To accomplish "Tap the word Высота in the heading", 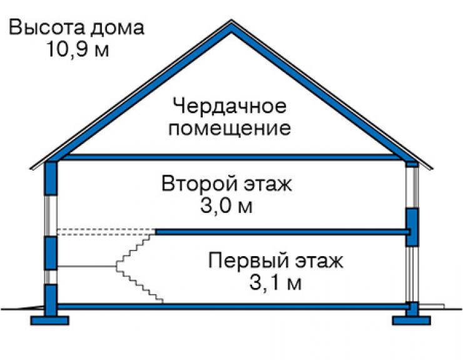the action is click(x=47, y=27).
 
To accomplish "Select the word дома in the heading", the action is click(x=117, y=28).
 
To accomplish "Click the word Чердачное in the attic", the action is click(x=230, y=106).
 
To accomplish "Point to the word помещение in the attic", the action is click(x=230, y=128).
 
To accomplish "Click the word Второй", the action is click(x=200, y=183).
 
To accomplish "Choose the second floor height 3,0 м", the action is click(x=226, y=206).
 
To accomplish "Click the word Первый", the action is click(x=248, y=260).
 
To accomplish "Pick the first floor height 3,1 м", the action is click(x=275, y=282).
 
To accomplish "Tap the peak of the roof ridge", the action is click(x=232, y=20).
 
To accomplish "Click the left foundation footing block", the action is click(x=49, y=321).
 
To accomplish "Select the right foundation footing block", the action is click(x=411, y=321).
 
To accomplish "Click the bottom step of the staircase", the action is click(x=160, y=301).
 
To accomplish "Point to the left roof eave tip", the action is click(x=30, y=169).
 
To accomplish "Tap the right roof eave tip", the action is click(x=432, y=169).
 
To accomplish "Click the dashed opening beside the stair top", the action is click(x=106, y=232).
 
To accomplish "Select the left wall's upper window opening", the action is click(x=51, y=215).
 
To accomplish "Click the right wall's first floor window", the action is click(x=412, y=274).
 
